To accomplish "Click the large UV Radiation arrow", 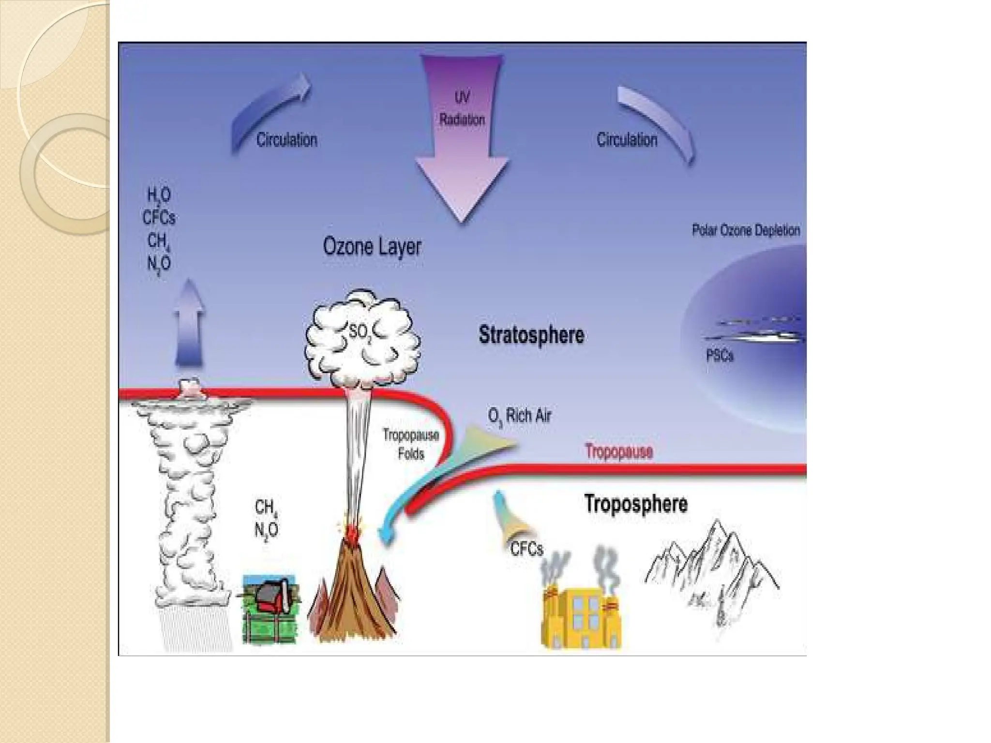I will pyautogui.click(x=462, y=145).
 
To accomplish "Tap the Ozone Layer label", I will pyautogui.click(x=372, y=247).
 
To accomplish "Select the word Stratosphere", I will pyautogui.click(x=531, y=335).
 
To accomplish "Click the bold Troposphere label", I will pyautogui.click(x=635, y=504).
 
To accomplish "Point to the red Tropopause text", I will pyautogui.click(x=618, y=451).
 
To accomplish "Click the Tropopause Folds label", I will pyautogui.click(x=411, y=444).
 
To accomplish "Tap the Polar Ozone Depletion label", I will pyautogui.click(x=745, y=230).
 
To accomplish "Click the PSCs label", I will pyautogui.click(x=720, y=356).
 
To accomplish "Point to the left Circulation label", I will pyautogui.click(x=286, y=140).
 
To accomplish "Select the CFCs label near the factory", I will pyautogui.click(x=526, y=549).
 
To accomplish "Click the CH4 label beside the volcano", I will pyautogui.click(x=266, y=507).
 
